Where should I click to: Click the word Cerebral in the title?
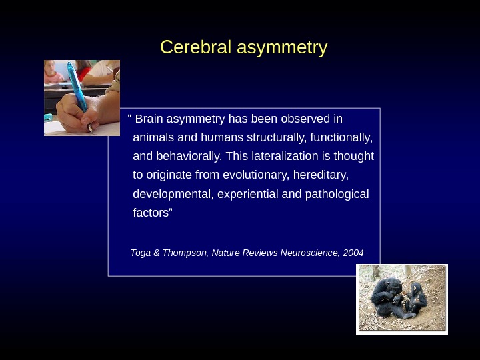click(x=191, y=48)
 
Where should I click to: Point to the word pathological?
click(x=337, y=194)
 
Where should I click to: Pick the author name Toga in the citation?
click(x=141, y=253)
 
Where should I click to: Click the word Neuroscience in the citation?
click(x=309, y=253)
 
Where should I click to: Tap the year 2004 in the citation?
click(x=353, y=253)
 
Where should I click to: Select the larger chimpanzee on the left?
click(x=386, y=297)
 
